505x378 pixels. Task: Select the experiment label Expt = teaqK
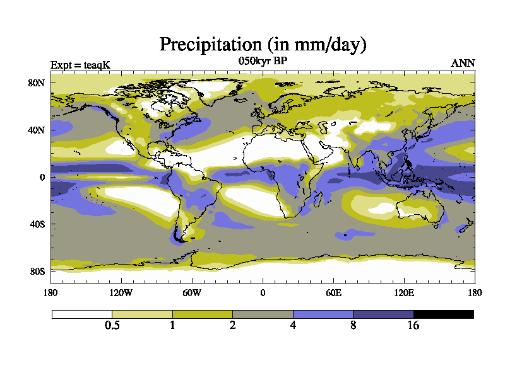coord(79,64)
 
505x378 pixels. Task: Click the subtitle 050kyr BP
coord(263,61)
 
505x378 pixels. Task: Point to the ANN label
coord(463,63)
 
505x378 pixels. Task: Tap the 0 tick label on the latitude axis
coord(42,177)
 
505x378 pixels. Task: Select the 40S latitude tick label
coord(37,224)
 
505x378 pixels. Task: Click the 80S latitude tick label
coord(37,272)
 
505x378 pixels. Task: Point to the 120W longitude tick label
coord(121,292)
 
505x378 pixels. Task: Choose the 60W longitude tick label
coord(192,292)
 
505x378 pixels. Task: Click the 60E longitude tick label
coord(333,292)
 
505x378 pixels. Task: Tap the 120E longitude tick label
coord(404,292)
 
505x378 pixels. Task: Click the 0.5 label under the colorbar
coord(112,326)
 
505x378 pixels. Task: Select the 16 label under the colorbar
coord(413,326)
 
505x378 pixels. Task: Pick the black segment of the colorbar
coord(444,314)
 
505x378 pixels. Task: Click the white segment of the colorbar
coord(82,314)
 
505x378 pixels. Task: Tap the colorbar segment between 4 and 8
coord(323,314)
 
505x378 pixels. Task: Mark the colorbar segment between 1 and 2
coord(203,314)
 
